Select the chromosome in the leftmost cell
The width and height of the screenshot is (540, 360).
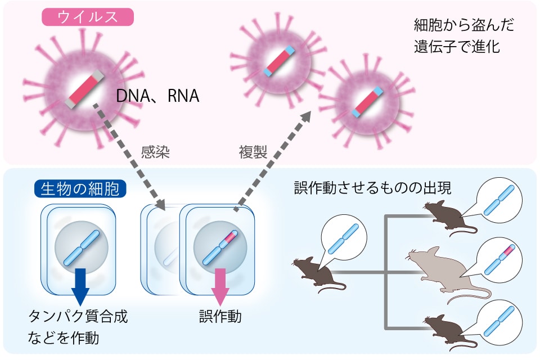[80, 248]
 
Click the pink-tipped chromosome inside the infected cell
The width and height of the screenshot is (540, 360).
[220, 248]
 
